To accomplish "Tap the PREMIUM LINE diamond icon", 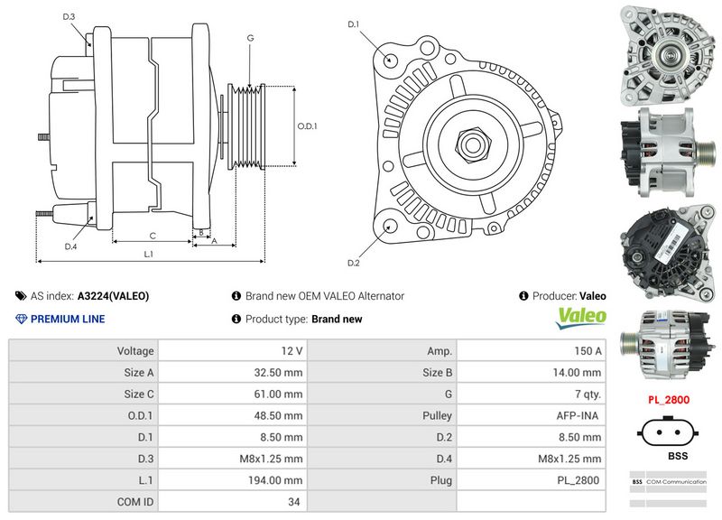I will [x=22, y=319].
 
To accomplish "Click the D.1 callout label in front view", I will [x=353, y=23].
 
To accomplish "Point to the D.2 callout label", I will [x=353, y=263].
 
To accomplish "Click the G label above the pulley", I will [x=249, y=38].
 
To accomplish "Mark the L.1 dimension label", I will [x=149, y=255].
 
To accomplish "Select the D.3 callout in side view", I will [x=69, y=17].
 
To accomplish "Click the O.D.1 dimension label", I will [x=308, y=126].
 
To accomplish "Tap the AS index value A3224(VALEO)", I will [x=113, y=295].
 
